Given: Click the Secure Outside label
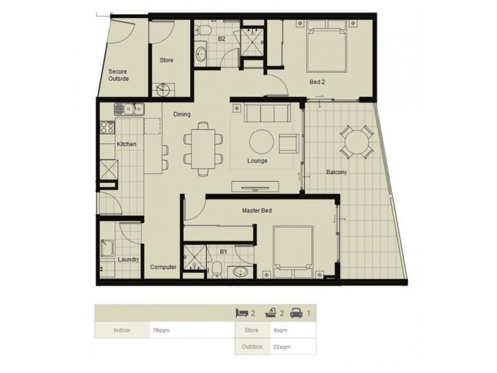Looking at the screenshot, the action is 119,75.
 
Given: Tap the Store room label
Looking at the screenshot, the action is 166,60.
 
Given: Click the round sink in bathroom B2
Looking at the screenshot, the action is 201,53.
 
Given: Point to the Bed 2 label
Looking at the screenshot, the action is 317,82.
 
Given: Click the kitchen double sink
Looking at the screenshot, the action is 129,109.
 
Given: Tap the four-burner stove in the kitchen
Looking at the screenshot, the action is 107,127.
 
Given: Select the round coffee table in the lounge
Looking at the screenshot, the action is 262,142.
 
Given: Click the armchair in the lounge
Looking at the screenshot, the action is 289,143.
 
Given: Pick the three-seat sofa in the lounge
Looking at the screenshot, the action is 267,113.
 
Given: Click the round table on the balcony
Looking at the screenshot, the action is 357,142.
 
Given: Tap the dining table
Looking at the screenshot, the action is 203,149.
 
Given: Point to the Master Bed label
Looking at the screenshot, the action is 257,210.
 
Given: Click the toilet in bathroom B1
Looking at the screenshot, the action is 217,269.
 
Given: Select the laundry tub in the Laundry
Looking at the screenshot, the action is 107,248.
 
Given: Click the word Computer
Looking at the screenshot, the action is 163,267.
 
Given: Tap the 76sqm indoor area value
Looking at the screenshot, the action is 162,330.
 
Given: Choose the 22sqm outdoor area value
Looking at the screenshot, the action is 282,347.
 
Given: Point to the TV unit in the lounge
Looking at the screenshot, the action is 255,187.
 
